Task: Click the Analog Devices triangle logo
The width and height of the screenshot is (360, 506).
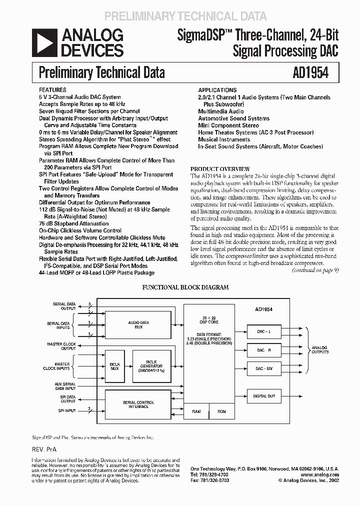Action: pos(44,42)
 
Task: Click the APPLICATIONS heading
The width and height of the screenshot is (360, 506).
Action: pos(217,90)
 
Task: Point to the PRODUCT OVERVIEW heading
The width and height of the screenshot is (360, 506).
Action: pos(220,169)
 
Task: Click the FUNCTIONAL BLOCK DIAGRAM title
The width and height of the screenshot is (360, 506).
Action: pos(185,287)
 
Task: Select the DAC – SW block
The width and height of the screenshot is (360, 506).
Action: pos(263,368)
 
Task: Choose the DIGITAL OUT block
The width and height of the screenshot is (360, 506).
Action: pos(263,396)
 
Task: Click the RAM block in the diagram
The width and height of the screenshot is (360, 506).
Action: pos(196,412)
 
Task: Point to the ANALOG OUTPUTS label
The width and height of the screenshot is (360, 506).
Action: pos(319,349)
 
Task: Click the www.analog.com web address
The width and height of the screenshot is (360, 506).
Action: pos(320,474)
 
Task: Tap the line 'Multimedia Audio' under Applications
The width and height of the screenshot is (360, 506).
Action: pos(221,111)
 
